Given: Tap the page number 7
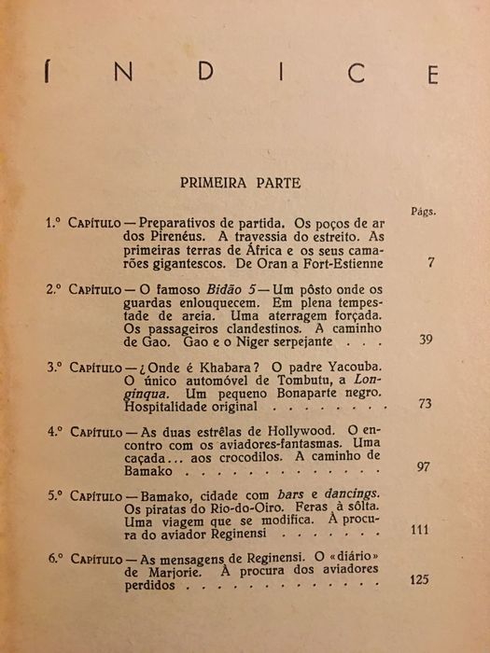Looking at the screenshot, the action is coord(430,263).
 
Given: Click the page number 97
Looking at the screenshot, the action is coord(423,465).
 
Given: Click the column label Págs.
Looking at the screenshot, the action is coord(425,211).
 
